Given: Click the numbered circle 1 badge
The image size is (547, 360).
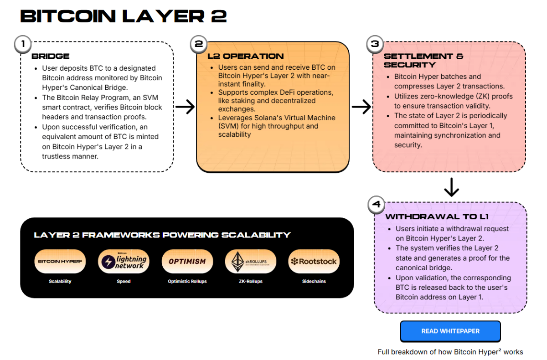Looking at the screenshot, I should [x=22, y=44].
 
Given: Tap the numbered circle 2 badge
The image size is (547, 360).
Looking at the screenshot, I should [x=199, y=44].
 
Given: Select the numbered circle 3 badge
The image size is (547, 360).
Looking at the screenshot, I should [x=375, y=44].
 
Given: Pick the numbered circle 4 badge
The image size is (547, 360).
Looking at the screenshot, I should [x=377, y=205].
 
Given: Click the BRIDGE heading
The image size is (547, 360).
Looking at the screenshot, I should [x=51, y=57].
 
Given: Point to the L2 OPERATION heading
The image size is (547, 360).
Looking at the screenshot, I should [x=245, y=57].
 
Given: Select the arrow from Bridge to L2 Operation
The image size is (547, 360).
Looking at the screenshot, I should [x=185, y=107].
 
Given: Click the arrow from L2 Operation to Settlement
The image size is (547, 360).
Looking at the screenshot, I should [x=361, y=107].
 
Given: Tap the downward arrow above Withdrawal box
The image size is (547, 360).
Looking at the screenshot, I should [x=451, y=187].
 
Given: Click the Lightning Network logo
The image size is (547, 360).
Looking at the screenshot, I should [x=124, y=262].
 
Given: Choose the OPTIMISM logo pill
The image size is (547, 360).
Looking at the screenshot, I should [x=187, y=262].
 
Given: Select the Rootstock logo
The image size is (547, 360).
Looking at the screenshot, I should [x=314, y=262].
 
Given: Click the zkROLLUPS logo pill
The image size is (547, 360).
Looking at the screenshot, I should [x=250, y=262].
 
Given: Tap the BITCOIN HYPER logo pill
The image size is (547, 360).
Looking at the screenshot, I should [x=60, y=262].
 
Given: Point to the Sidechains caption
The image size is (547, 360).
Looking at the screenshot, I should [x=314, y=281].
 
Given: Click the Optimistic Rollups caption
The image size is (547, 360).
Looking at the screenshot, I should [x=187, y=281].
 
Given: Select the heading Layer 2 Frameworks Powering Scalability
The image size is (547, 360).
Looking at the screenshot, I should [x=162, y=235].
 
